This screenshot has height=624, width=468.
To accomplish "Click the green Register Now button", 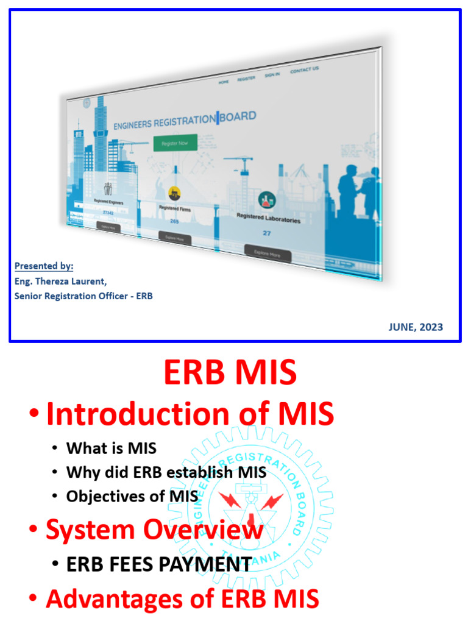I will point(175,143).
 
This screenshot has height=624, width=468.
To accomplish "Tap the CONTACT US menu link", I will point(304,70).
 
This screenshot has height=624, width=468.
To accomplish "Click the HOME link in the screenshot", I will point(224,82).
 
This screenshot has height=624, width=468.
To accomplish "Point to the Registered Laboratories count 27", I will point(267,233).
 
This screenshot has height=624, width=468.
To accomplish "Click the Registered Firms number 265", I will point(174,221).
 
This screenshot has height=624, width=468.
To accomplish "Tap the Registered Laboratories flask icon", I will point(266,199).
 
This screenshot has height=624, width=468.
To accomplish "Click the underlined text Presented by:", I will point(44,266).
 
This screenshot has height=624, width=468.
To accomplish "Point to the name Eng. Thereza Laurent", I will point(60,281).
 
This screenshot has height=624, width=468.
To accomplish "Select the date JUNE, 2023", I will point(416,327).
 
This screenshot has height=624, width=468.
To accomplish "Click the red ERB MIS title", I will point(230,372).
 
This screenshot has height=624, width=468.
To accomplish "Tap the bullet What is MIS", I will point(111,448).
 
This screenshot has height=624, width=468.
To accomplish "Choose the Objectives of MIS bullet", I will point(132,496).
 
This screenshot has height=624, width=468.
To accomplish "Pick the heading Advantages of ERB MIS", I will point(182,599).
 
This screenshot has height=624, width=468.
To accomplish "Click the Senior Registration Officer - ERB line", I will point(83,296).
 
